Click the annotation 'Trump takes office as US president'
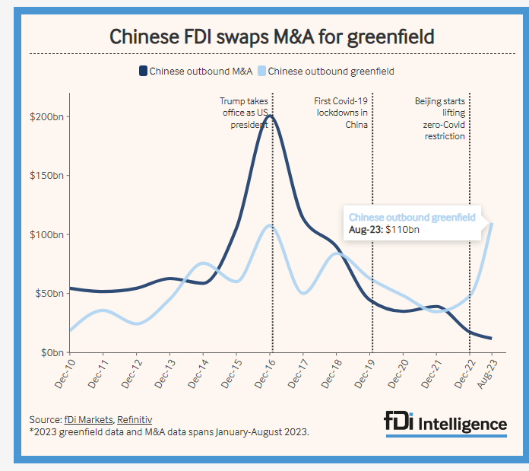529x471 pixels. click(x=245, y=113)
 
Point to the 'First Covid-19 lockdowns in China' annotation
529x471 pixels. click(x=342, y=113)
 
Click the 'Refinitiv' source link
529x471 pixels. click(x=134, y=419)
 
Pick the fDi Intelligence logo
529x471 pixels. click(x=445, y=423)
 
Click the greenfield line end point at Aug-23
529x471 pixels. click(x=492, y=223)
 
